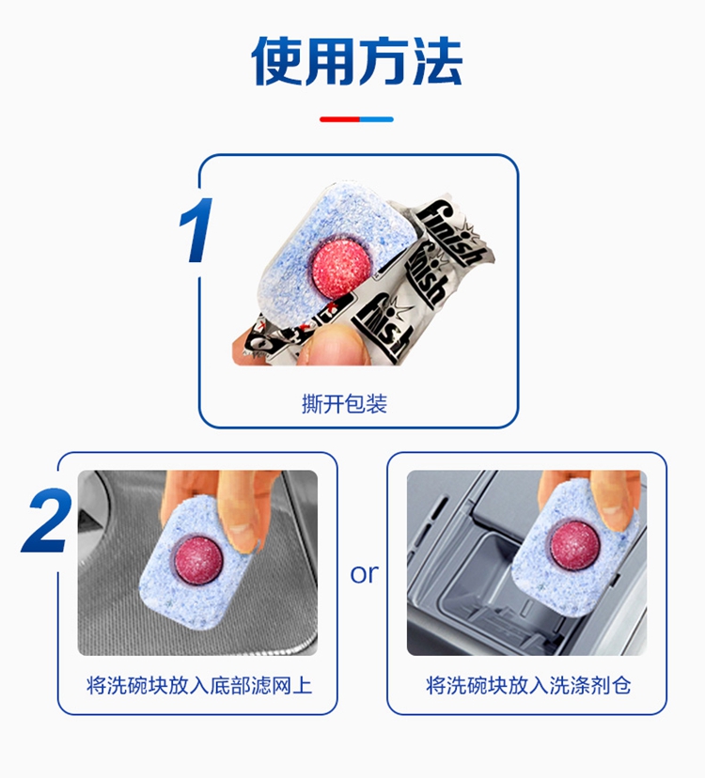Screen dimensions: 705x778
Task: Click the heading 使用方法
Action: click(357, 61)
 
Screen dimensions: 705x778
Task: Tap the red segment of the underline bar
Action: click(339, 119)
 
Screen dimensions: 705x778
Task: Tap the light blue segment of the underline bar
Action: click(376, 119)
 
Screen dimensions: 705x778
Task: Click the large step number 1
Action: click(196, 229)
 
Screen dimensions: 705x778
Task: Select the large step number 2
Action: click(46, 520)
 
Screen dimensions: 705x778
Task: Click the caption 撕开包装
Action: click(344, 403)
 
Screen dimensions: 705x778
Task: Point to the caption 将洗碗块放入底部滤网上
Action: click(199, 685)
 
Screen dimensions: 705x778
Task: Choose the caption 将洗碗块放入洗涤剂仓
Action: click(528, 685)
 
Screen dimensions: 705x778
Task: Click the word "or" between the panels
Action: click(364, 574)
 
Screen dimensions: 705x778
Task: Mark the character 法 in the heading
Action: click(437, 61)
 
